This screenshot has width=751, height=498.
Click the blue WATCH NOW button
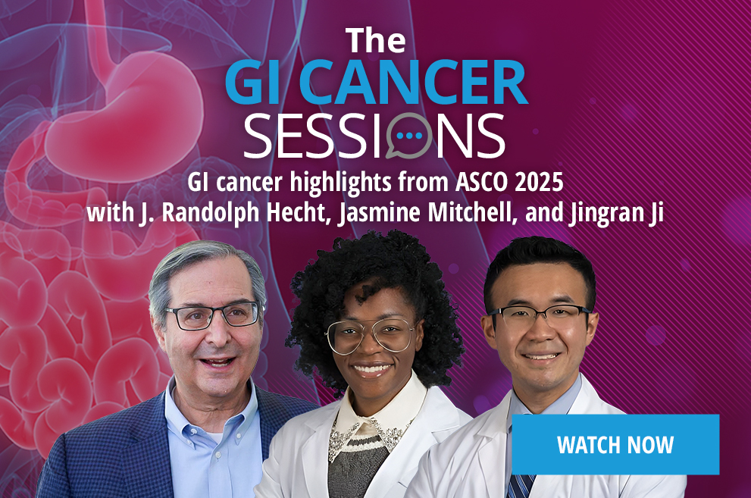(x=615, y=444)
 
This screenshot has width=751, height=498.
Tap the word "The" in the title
(x=376, y=40)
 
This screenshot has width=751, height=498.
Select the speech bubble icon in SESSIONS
(x=408, y=136)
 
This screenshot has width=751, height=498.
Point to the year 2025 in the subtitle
(x=540, y=183)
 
